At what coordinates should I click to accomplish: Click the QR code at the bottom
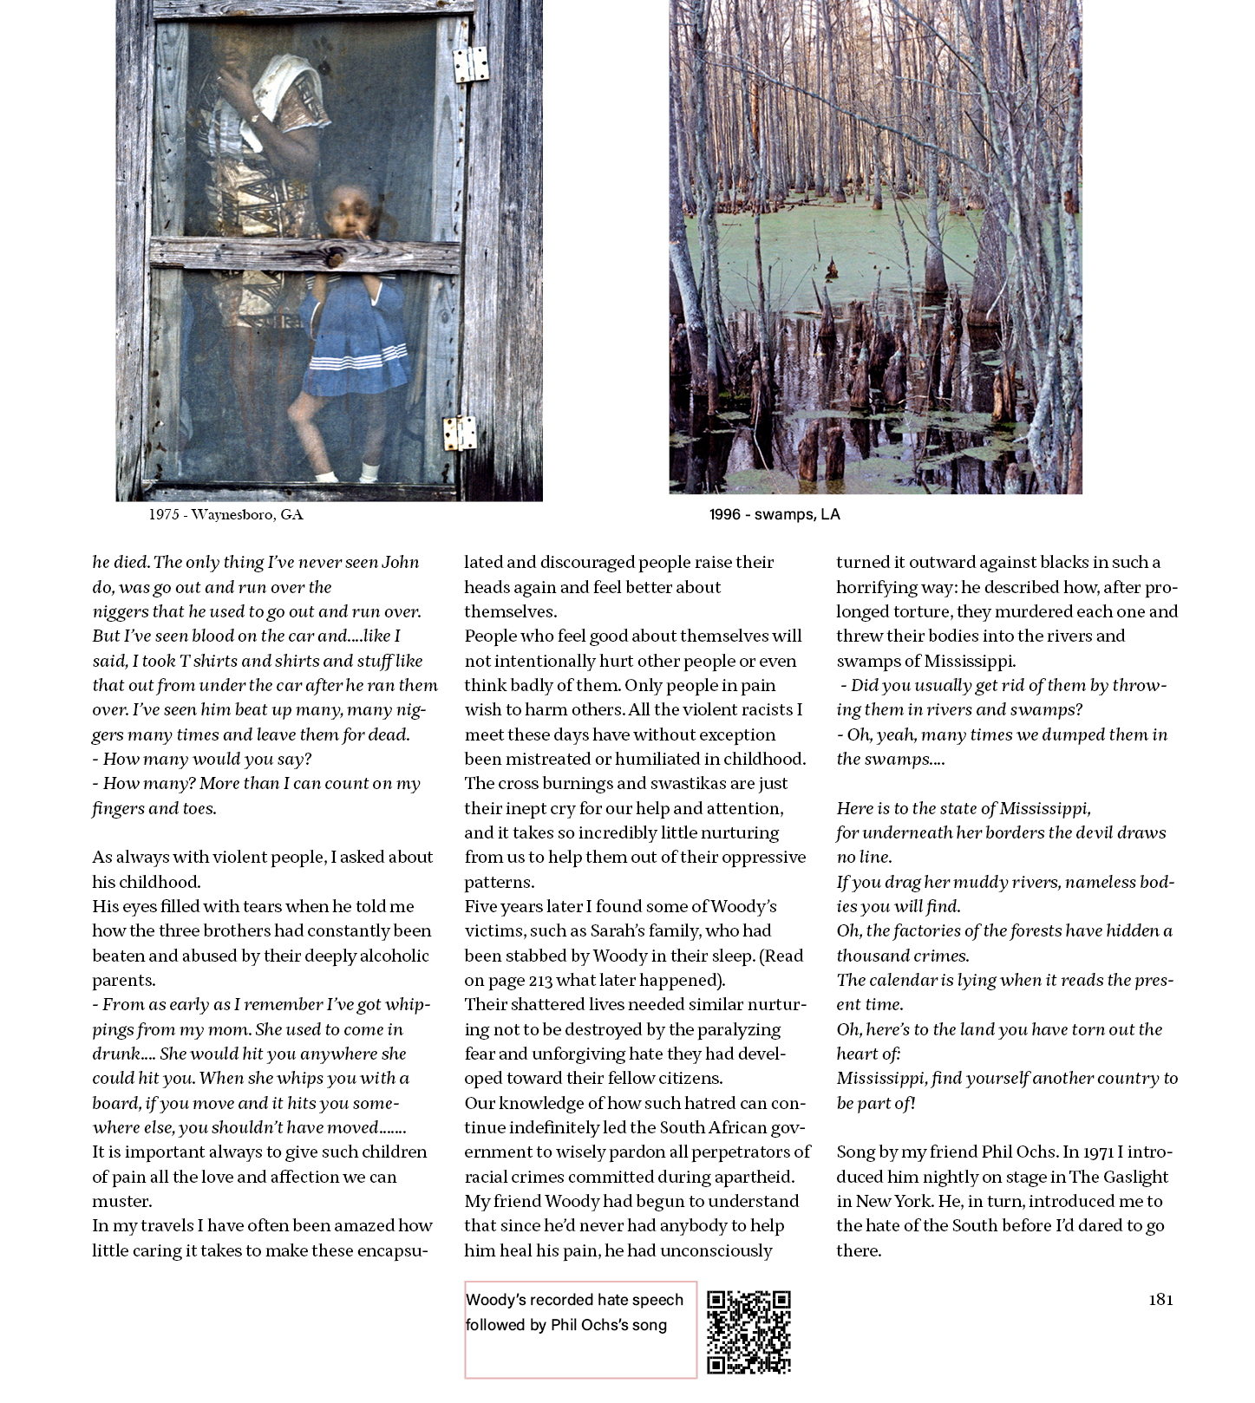click(x=748, y=1332)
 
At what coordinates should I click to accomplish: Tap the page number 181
click(x=1160, y=1299)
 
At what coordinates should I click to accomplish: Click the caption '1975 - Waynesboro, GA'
click(x=226, y=514)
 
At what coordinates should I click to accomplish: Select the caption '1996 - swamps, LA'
click(x=775, y=514)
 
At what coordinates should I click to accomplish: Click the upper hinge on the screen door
click(x=471, y=64)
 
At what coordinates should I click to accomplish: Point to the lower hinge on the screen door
click(x=460, y=433)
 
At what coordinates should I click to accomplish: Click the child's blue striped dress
click(x=356, y=338)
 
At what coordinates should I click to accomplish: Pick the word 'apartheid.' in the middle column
click(x=753, y=1177)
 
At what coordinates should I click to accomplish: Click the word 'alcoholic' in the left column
click(x=389, y=956)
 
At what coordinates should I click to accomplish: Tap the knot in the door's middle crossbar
click(x=334, y=258)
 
